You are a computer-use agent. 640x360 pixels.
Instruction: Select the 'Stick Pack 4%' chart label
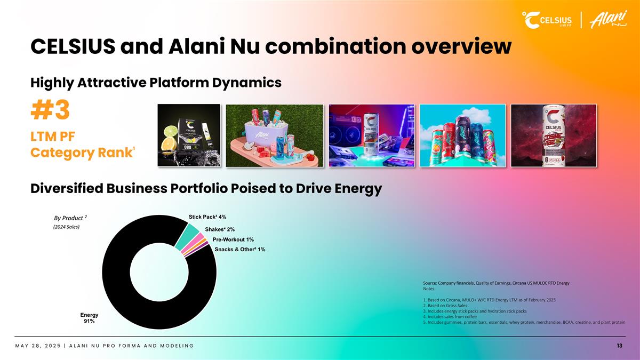point(207,217)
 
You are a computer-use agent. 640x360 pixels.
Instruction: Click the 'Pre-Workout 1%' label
point(233,239)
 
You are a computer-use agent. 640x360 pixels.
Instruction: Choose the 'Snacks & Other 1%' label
point(239,249)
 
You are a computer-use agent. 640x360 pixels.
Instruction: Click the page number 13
point(619,346)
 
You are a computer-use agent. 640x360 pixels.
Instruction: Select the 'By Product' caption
point(70,218)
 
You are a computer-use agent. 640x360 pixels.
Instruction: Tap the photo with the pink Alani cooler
point(274,135)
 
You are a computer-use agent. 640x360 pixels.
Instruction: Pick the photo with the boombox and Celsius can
point(371,135)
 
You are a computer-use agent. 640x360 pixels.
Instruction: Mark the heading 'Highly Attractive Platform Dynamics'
point(156,83)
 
